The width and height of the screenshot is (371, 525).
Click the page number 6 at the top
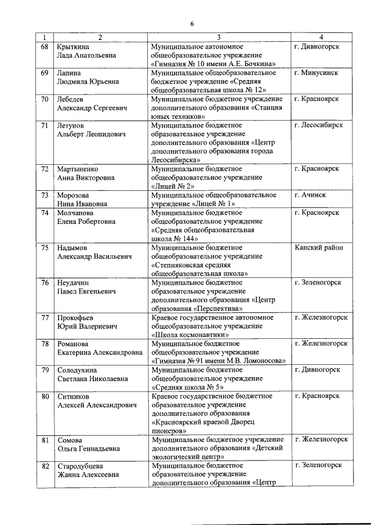(192, 23)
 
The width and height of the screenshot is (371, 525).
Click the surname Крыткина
(73, 46)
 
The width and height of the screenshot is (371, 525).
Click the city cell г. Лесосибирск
(323, 125)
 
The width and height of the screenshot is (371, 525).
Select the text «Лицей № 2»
(172, 186)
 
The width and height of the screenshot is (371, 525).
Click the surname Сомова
(70, 439)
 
